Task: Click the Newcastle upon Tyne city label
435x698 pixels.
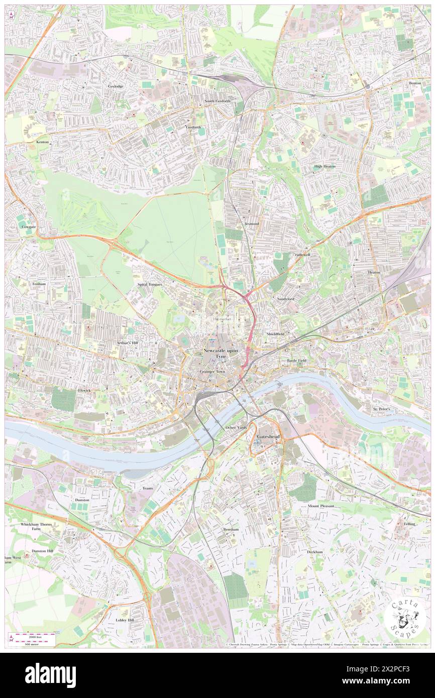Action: click(221, 353)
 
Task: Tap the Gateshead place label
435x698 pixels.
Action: click(268, 437)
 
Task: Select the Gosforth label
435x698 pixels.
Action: click(193, 127)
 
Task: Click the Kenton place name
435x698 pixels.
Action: click(43, 142)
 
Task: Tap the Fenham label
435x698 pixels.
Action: click(39, 284)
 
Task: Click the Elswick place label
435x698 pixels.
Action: click(84, 390)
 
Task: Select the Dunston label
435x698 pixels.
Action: click(82, 500)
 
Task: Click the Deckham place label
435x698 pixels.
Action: click(315, 551)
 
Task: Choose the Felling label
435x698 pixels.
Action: click(409, 524)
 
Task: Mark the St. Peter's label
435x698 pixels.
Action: click(385, 409)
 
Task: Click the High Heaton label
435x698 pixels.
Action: click(324, 166)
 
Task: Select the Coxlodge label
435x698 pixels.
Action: click(116, 86)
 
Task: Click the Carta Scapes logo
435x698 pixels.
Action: click(404, 617)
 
